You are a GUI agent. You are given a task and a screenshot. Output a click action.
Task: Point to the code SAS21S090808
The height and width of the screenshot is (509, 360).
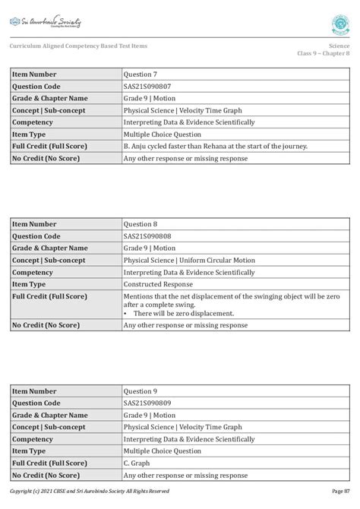point(147,236)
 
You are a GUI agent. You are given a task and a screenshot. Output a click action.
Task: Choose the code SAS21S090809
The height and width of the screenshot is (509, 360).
point(147,403)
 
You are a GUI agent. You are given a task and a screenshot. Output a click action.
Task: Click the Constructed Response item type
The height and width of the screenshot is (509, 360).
point(157,283)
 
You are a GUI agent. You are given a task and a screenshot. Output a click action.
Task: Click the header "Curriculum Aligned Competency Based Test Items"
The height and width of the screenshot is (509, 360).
point(78,46)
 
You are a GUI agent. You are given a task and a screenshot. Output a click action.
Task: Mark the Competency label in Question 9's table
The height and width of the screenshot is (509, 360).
point(33,439)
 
